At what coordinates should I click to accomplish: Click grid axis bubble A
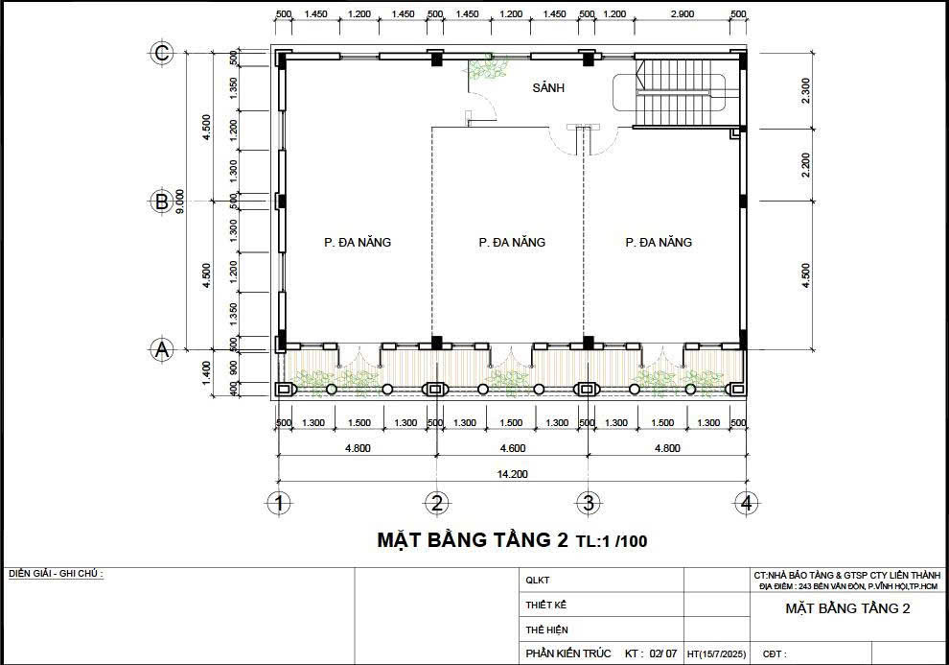162,350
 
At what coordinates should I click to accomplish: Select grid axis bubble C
162,53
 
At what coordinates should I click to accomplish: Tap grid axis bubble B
162,202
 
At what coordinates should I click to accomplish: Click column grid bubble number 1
279,503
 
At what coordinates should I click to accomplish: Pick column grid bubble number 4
744,503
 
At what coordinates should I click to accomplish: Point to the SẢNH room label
548,87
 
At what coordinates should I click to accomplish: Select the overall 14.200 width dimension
512,473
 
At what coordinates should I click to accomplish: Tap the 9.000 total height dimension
181,202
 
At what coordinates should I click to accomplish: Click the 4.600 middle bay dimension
512,448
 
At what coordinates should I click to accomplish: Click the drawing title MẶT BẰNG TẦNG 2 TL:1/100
512,540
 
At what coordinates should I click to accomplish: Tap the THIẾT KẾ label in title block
546,605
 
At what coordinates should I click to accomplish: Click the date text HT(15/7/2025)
717,654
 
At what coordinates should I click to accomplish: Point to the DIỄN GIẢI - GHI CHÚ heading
56,574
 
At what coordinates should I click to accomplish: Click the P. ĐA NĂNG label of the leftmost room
357,243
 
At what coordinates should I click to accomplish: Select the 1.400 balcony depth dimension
206,372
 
